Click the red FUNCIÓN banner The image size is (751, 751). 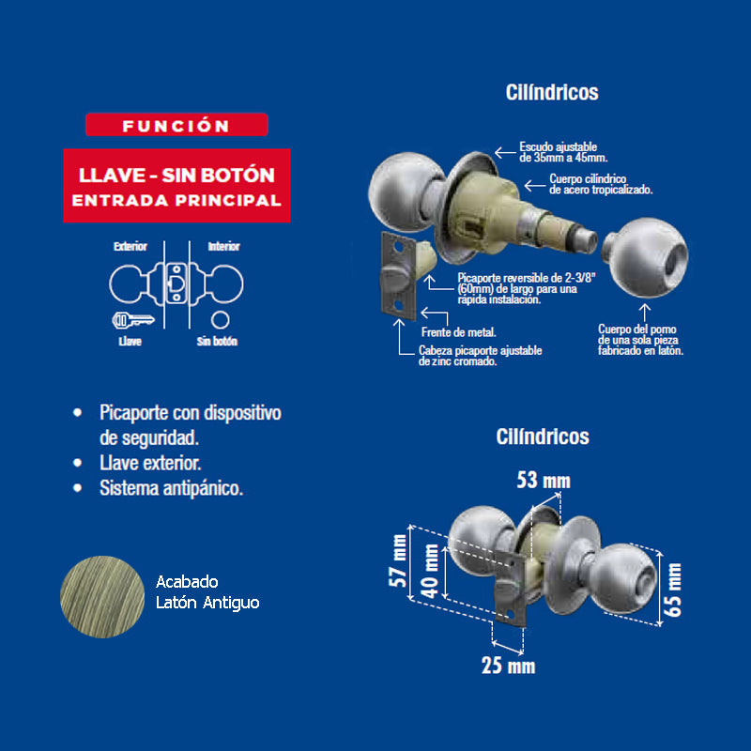pos(176,125)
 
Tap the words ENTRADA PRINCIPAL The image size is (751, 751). pos(176,200)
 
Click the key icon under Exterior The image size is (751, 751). pos(133,320)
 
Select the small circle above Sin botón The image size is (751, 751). pos(221,319)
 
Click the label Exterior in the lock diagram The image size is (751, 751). pos(130,246)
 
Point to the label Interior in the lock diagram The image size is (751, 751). pos(223,246)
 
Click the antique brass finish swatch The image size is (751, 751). pos(102,596)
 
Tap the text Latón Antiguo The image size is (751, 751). pos(207,603)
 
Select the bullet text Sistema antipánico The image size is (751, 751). pos(171,488)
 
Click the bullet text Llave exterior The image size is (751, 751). pos(150,463)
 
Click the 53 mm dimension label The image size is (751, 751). pos(544,480)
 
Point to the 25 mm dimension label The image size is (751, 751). pos(508,666)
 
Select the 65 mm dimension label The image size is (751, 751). pos(672,590)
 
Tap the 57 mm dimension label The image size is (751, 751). pos(398,560)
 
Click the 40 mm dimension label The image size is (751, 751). pos(430,571)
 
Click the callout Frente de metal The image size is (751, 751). pos(458,332)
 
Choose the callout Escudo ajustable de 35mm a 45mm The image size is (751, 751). pos(563,152)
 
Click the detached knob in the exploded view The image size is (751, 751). pos(645,257)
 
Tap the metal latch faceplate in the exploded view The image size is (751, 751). pos(397,276)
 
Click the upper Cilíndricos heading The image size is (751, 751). pos(552,92)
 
